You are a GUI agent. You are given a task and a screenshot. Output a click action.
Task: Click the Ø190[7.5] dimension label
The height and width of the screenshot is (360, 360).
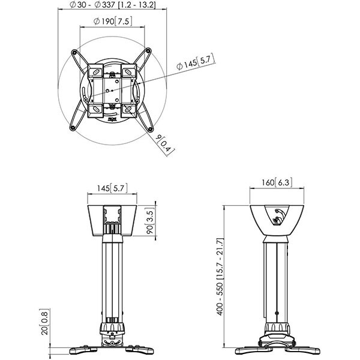click(113, 22)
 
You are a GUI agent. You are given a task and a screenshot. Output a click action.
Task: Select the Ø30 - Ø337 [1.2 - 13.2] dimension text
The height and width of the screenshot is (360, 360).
click(113, 5)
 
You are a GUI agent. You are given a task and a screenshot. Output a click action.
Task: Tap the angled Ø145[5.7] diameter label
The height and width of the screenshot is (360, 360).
click(196, 62)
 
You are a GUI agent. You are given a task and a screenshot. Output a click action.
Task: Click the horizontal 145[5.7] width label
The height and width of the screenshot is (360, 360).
click(112, 188)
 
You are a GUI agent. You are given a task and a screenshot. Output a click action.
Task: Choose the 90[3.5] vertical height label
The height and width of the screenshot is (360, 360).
click(150, 221)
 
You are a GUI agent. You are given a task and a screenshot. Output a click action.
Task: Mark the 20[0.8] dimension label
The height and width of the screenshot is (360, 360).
click(44, 322)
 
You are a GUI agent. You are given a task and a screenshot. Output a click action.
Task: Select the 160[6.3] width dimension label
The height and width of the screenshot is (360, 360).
click(277, 182)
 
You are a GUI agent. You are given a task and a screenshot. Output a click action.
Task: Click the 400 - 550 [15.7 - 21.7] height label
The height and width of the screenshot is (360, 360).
click(220, 277)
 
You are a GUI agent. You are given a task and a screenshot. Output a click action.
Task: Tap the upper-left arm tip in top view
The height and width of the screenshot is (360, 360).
click(74, 52)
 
